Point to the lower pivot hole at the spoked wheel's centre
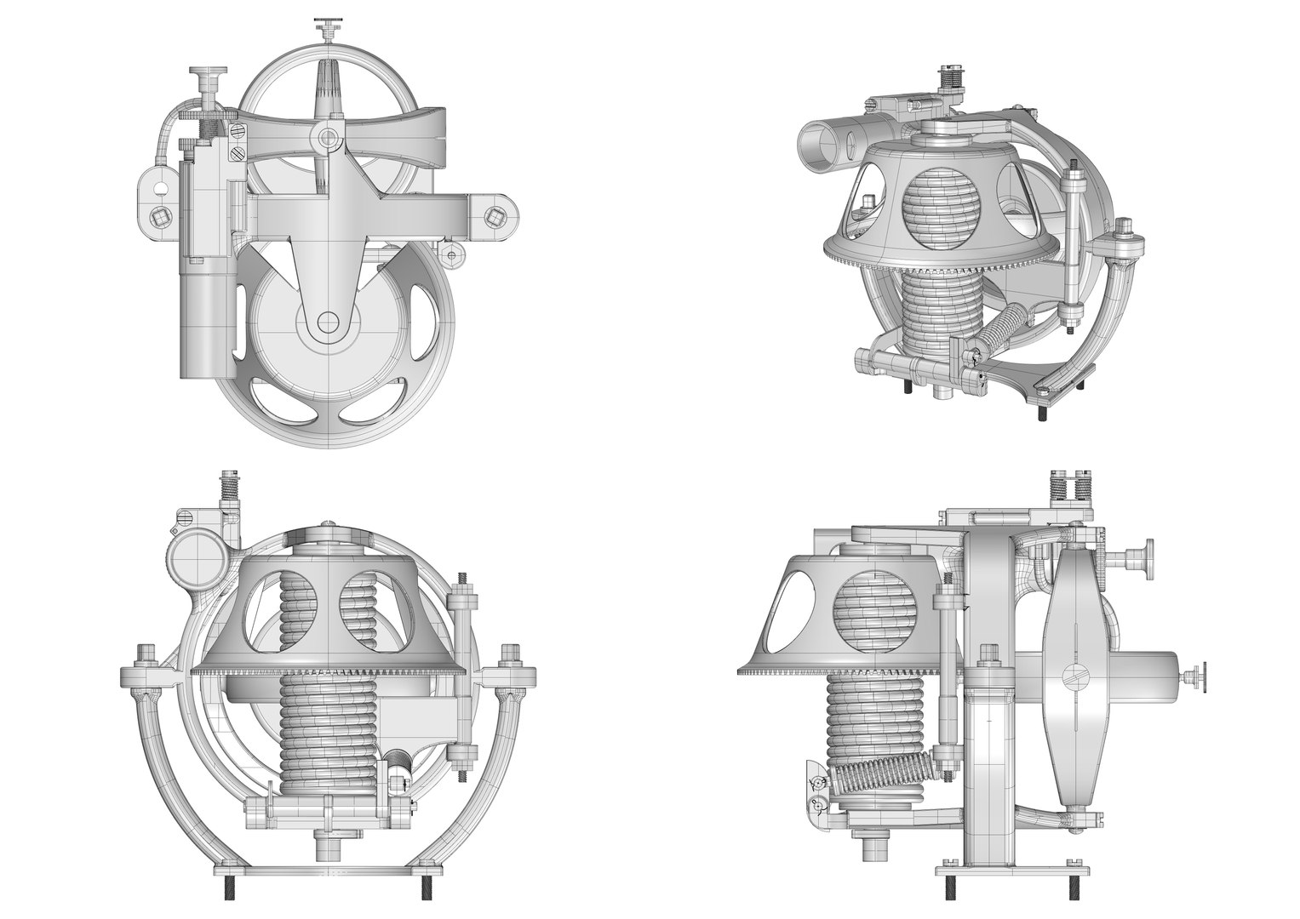326,322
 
